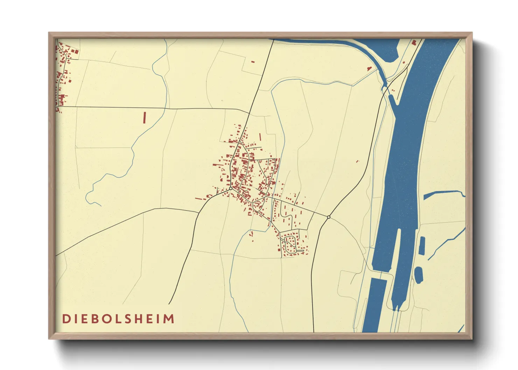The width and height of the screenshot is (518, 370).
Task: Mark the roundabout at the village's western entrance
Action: [231, 189]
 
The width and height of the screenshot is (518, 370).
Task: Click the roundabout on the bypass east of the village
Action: [328, 217]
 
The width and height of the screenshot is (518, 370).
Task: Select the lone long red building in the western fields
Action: [144, 117]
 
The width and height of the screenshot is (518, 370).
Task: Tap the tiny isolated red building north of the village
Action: [253, 62]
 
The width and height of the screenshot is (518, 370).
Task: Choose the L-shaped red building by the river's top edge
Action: [414, 43]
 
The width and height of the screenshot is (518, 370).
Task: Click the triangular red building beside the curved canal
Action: [369, 69]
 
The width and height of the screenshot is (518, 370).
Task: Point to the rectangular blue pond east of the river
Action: [422, 245]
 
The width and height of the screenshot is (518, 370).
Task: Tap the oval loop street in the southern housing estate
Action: [290, 243]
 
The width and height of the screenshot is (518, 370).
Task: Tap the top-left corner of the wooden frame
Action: [49, 33]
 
